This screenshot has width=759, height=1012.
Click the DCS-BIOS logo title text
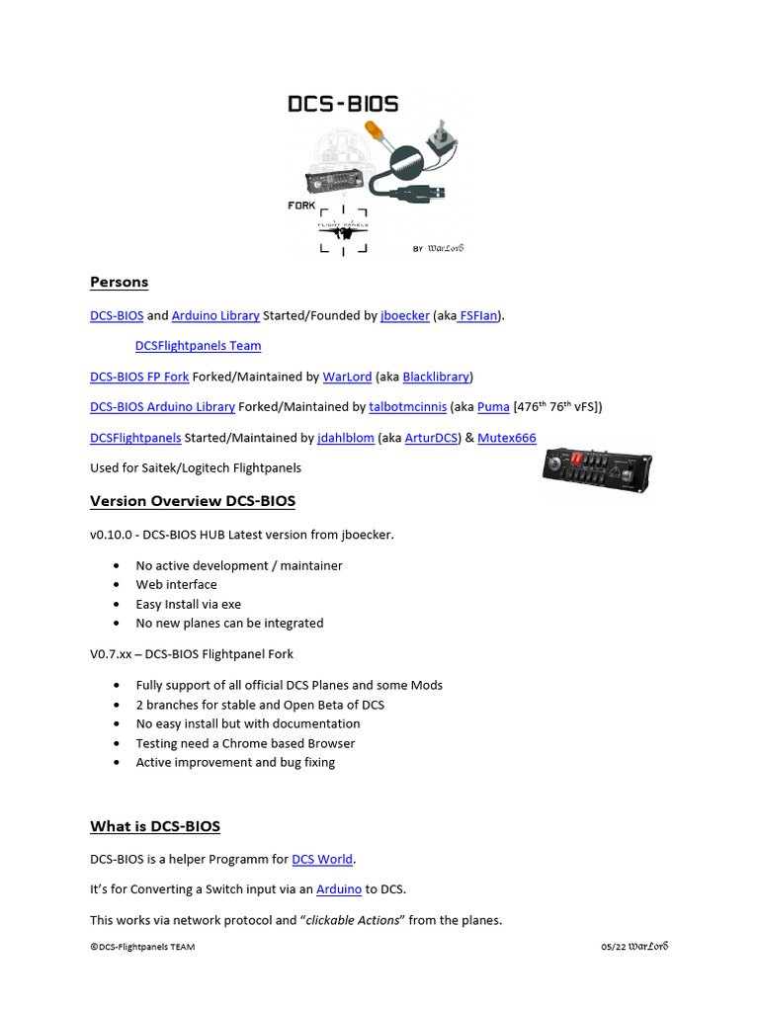click(343, 104)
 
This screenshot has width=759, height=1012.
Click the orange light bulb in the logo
click(375, 129)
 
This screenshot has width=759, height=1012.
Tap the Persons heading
click(119, 283)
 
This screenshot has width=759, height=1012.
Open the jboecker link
click(405, 316)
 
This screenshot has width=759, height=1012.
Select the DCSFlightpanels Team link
click(198, 346)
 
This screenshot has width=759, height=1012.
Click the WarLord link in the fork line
click(347, 377)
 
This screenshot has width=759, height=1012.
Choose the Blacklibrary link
click(436, 377)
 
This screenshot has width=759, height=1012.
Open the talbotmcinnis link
click(407, 407)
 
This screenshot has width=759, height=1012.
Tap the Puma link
click(493, 407)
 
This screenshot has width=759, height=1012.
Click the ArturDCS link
click(432, 438)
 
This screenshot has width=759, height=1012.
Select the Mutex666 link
click(507, 438)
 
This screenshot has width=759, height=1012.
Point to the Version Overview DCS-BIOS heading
click(193, 501)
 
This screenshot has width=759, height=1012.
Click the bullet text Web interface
click(176, 585)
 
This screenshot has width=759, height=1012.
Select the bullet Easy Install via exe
click(189, 604)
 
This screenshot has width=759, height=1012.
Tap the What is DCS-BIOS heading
click(155, 826)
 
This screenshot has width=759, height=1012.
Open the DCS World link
click(322, 860)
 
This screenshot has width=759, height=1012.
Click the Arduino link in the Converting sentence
click(339, 889)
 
